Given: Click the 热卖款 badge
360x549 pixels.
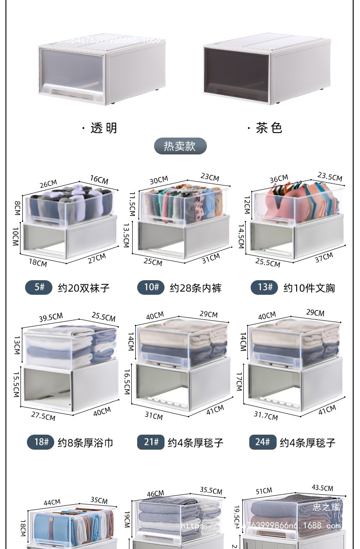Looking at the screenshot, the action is [x=180, y=146].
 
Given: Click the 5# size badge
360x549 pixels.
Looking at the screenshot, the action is [x=39, y=287].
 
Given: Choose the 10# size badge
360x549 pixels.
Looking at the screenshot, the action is [x=151, y=287].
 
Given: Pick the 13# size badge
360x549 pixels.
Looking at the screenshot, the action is [x=264, y=287].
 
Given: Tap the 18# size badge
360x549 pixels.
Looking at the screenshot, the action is [x=41, y=442].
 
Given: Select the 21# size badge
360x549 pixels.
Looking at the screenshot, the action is [x=151, y=442].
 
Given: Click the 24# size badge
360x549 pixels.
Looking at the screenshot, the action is [x=262, y=442].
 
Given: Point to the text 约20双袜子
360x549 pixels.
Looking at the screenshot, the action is [x=84, y=288].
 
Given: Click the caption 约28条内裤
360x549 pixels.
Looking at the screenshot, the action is [x=195, y=288].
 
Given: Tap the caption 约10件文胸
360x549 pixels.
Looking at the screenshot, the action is [x=309, y=288].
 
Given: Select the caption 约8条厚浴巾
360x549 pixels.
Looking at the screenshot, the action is [x=85, y=442].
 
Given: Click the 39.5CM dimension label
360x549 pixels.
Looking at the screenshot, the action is [x=50, y=317].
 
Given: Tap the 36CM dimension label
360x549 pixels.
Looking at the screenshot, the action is [x=278, y=179].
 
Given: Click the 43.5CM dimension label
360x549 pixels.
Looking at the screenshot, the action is [x=322, y=488].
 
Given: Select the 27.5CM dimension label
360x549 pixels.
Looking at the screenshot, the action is [x=43, y=416].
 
